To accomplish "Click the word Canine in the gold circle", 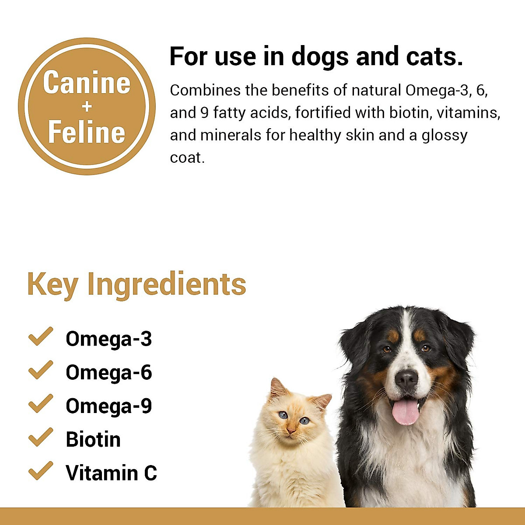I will [x=87, y=83].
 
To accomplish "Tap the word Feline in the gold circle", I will [x=87, y=132].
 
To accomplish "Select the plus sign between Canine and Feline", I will [x=87, y=107].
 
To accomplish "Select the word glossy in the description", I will [x=444, y=136].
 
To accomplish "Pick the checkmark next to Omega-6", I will [x=40, y=371].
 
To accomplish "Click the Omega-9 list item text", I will [x=109, y=406].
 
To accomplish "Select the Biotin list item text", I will [x=93, y=440].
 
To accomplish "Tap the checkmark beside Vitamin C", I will [x=40, y=471].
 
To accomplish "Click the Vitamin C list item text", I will [x=111, y=473].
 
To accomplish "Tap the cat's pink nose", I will [x=290, y=431].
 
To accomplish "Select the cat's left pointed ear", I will [x=276, y=388].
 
